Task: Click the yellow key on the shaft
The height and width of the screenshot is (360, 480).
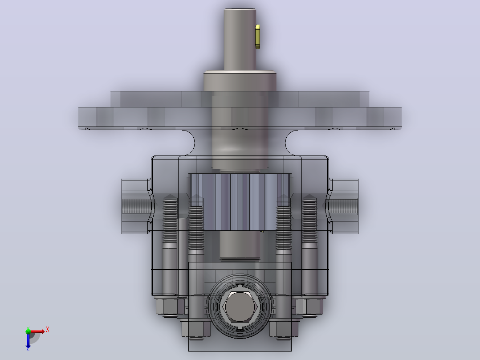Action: (x=258, y=37)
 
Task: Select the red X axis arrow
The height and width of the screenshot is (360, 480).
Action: (x=37, y=331)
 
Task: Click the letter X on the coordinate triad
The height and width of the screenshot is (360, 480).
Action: (x=48, y=330)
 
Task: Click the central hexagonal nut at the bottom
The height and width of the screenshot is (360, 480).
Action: (x=240, y=307)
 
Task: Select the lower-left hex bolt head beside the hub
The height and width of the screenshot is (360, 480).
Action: (x=196, y=329)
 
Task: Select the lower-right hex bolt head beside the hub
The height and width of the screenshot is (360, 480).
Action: (x=284, y=329)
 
